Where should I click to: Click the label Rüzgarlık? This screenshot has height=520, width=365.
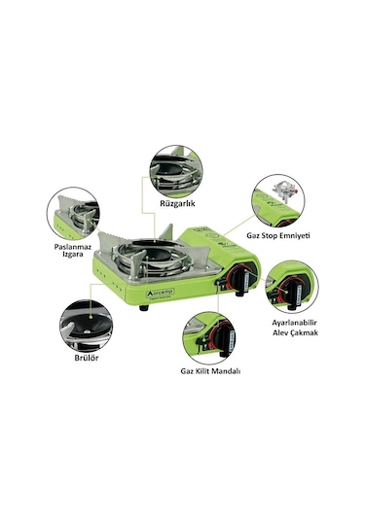coord(177,203)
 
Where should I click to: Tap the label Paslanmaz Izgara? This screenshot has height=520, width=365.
coord(73,251)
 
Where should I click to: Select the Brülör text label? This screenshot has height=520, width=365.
coord(87,358)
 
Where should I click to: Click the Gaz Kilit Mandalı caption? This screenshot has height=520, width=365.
coord(210,370)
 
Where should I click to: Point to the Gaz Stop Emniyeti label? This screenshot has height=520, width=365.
coord(278,235)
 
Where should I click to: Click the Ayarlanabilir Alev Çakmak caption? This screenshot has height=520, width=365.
coord(295,328)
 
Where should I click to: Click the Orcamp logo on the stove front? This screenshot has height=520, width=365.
coord(161,293)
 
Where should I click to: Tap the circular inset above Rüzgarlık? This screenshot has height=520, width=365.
coord(176,171)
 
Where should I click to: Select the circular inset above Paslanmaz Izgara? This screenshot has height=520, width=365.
coord(73,214)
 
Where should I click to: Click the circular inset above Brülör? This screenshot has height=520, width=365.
coord(86,327)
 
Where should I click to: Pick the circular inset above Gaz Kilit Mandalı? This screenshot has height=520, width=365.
coord(209,338)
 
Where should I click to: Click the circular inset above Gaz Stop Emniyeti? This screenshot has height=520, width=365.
coord(278,201)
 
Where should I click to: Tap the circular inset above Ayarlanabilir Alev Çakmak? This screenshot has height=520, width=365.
coord(292,287)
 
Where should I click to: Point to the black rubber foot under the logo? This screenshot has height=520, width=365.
coord(144,308)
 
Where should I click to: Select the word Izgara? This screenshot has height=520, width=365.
coord(73,255)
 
